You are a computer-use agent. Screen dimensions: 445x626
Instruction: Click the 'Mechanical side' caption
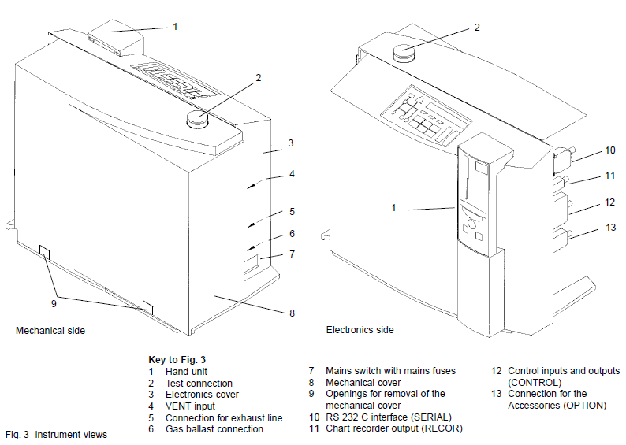click(x=50, y=331)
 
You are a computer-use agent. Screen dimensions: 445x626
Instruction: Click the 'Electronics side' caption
click(x=360, y=330)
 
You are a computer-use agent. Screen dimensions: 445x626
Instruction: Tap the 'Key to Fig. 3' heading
click(x=177, y=359)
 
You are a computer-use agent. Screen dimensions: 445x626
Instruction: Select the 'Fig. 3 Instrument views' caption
click(x=56, y=434)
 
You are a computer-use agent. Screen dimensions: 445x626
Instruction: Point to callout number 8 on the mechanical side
click(x=292, y=313)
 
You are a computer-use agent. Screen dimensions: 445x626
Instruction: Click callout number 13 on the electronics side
click(x=609, y=228)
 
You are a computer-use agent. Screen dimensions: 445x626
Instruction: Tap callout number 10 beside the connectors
click(x=609, y=150)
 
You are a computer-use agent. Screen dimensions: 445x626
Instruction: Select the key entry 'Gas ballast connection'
click(x=214, y=429)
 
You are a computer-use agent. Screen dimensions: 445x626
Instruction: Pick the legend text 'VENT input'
click(x=190, y=406)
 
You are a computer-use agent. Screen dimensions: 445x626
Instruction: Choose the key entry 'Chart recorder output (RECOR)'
click(x=394, y=428)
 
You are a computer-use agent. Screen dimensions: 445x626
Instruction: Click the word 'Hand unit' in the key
click(x=188, y=371)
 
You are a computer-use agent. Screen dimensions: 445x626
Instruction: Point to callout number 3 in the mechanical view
click(x=291, y=143)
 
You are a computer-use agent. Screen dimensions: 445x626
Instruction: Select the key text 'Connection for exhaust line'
click(x=224, y=417)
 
